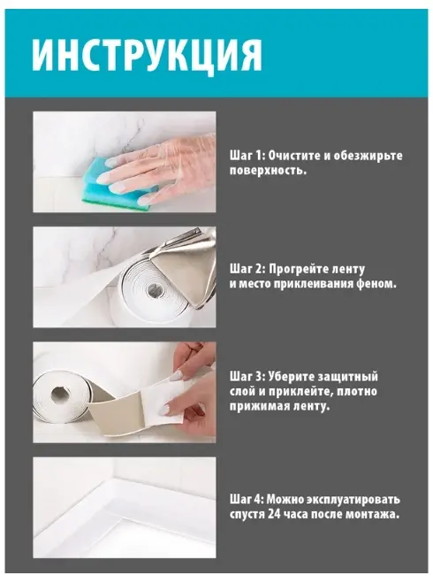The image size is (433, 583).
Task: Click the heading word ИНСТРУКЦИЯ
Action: [148, 55]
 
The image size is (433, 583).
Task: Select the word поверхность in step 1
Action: [267, 171]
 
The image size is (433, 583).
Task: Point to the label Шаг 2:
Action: [247, 269]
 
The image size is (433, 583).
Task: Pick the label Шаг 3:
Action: [247, 376]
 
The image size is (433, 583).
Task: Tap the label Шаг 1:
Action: [247, 156]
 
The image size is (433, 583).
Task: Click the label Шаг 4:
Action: [247, 499]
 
